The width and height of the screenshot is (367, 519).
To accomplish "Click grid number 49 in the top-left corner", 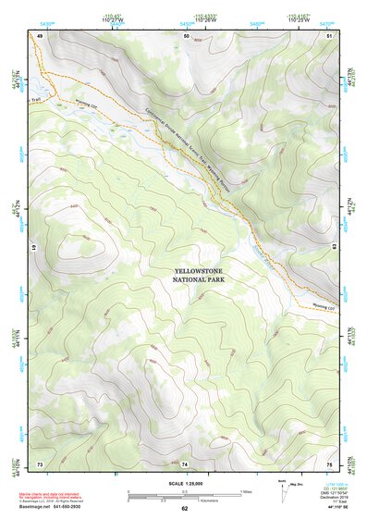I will tap(40, 35).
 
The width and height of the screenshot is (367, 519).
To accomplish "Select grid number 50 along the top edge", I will tap(187, 35).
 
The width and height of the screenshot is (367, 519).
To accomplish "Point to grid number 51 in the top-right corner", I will tap(330, 35).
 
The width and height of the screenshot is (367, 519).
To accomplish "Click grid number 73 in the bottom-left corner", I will tap(40, 463).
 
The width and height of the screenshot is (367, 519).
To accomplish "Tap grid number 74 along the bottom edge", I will tap(185, 463).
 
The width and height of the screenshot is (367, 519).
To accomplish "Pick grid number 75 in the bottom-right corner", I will tap(330, 463).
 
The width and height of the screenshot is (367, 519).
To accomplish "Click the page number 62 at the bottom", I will tap(185, 509).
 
